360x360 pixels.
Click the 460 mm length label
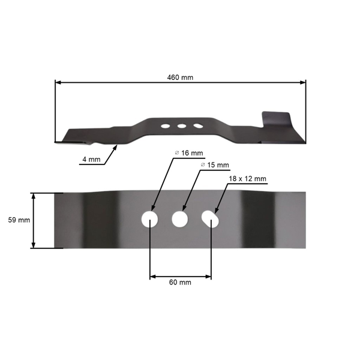click(181, 77)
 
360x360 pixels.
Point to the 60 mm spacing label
click(179, 282)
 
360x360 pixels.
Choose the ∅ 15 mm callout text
click(214, 164)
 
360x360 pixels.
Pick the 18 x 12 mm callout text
click(247, 179)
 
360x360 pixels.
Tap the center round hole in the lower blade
click(179, 219)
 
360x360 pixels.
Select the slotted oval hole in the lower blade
click(210, 219)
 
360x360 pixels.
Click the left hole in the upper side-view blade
click(164, 126)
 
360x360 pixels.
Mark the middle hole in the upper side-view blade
click(181, 126)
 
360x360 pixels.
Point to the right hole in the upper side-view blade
click(197, 126)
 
